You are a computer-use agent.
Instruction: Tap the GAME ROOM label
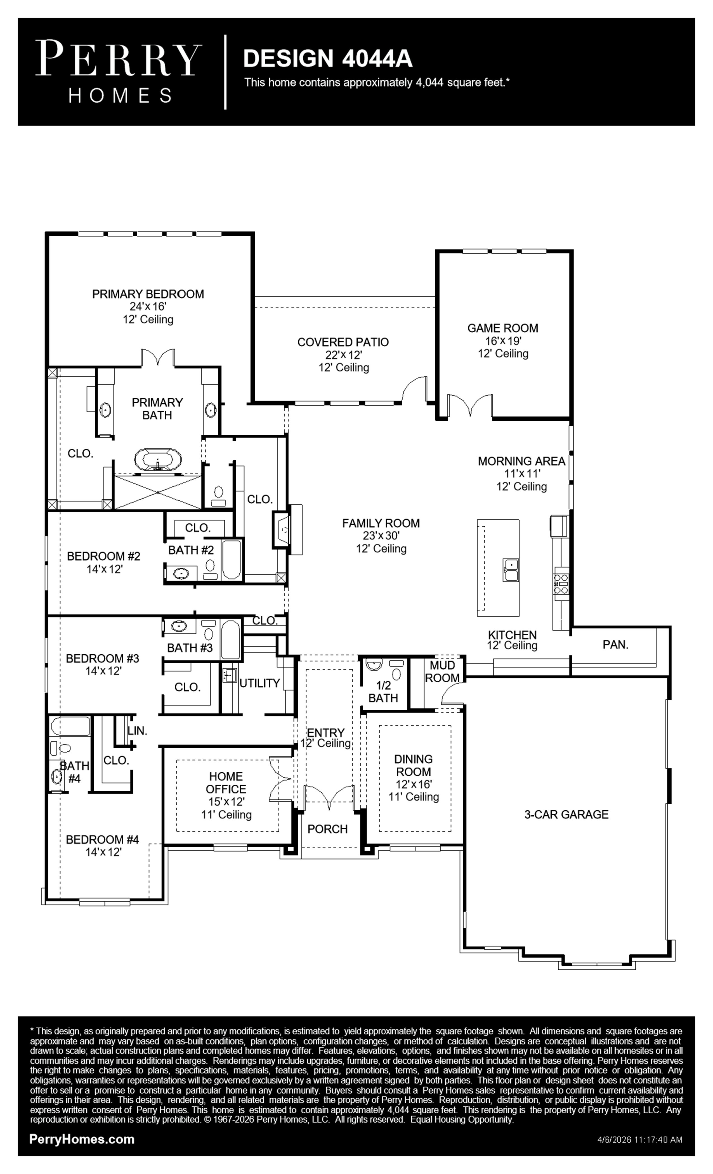coord(503,328)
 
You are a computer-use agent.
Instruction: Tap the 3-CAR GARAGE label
coord(566,814)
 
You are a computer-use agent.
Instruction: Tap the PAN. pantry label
coord(615,645)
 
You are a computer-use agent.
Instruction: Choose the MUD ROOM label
coord(442,671)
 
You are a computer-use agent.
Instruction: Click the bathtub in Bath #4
coord(70,726)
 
